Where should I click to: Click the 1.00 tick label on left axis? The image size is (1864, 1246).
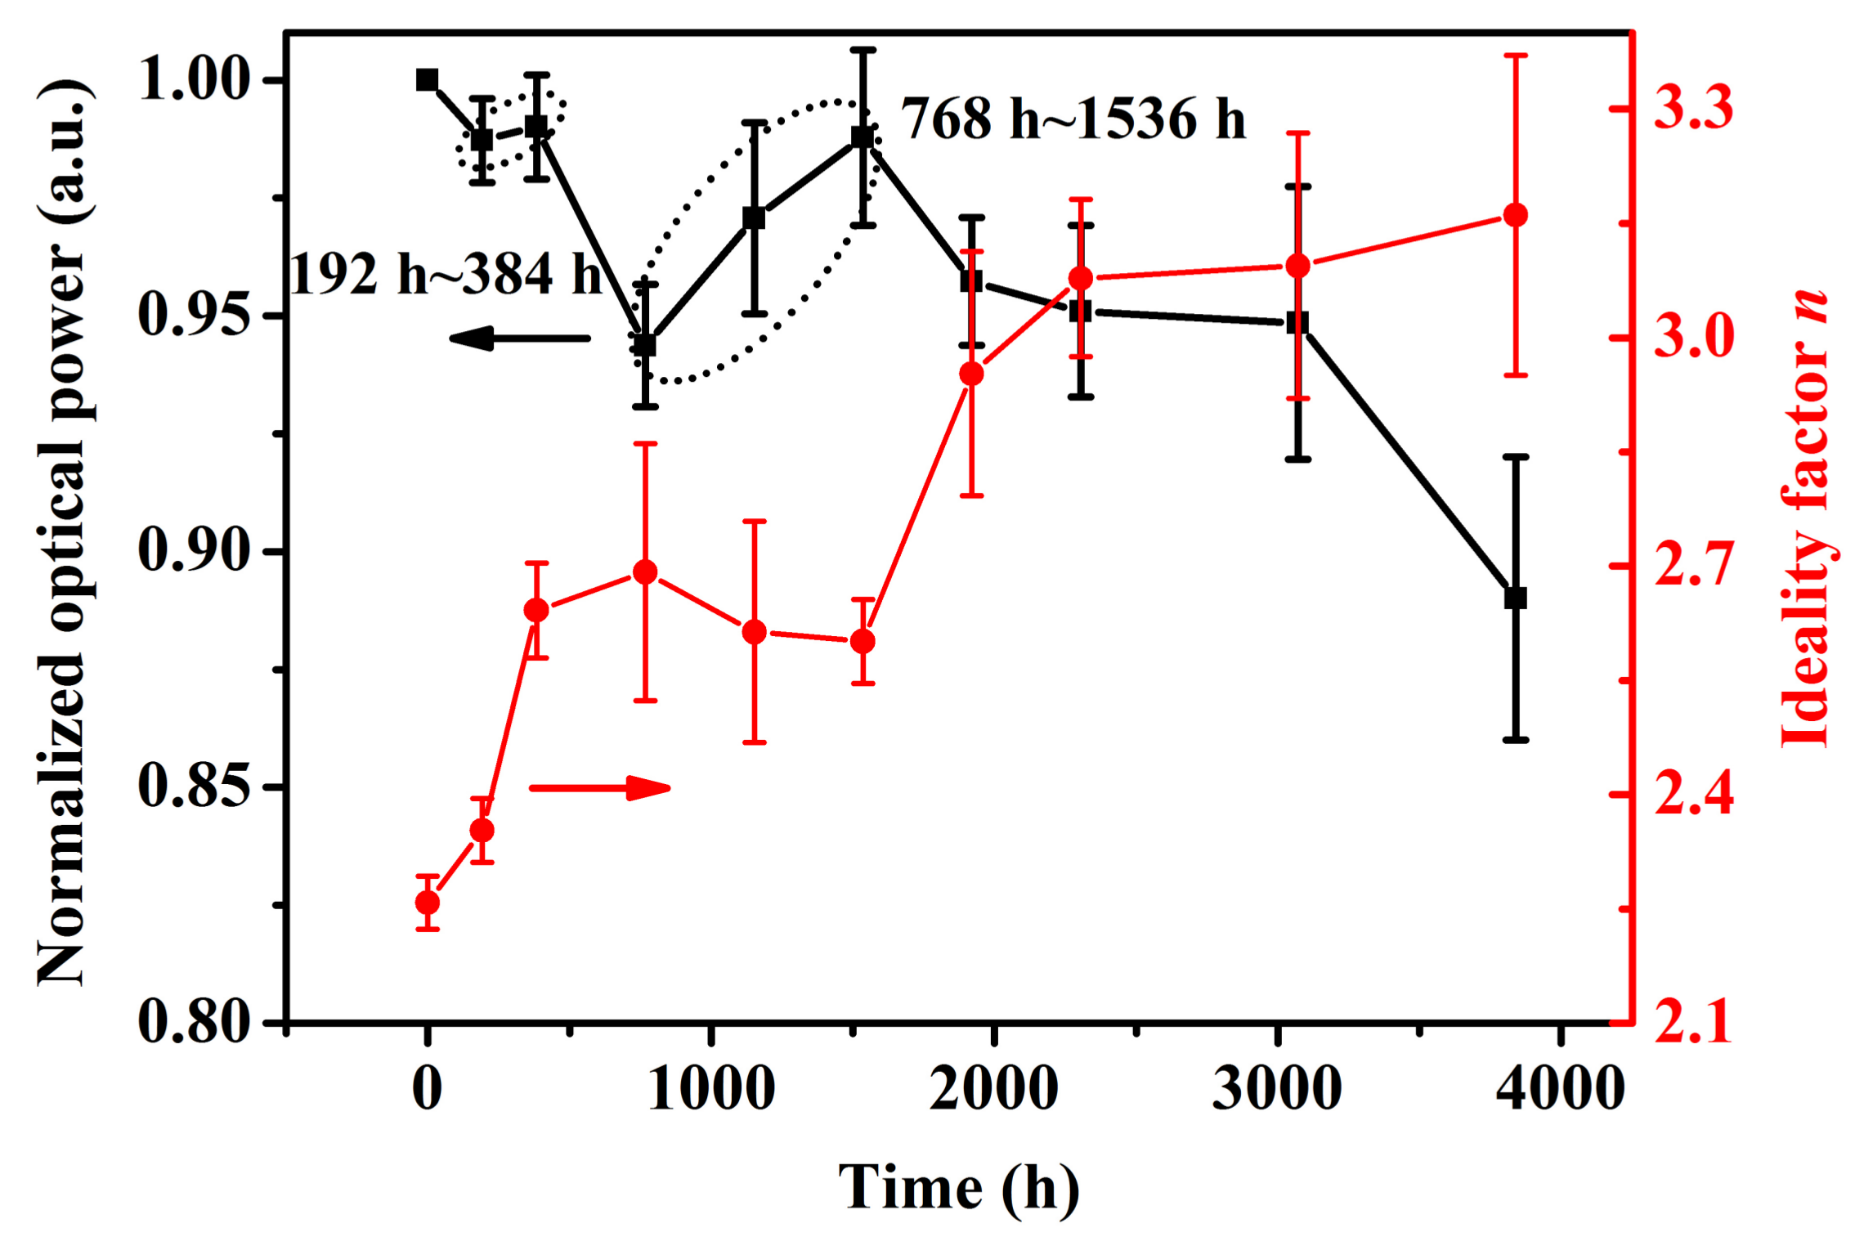pyautogui.click(x=194, y=80)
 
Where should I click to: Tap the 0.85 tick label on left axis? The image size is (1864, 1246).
pyautogui.click(x=194, y=787)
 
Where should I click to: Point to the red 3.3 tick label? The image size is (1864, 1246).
pyautogui.click(x=1693, y=108)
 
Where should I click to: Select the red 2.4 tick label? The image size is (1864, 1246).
pyautogui.click(x=1693, y=794)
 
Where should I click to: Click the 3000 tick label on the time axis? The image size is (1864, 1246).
pyautogui.click(x=1276, y=1088)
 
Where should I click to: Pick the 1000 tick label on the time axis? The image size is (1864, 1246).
pyautogui.click(x=711, y=1088)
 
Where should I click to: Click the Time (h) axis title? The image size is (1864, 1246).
pyautogui.click(x=958, y=1188)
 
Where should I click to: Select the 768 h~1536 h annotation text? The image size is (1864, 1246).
pyautogui.click(x=1073, y=119)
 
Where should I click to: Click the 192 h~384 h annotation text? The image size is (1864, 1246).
pyautogui.click(x=446, y=274)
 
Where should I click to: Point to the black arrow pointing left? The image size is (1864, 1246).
pyautogui.click(x=519, y=338)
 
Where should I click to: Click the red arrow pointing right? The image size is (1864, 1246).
pyautogui.click(x=600, y=788)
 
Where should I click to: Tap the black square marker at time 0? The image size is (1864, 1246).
pyautogui.click(x=427, y=80)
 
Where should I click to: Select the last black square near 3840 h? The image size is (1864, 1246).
pyautogui.click(x=1516, y=598)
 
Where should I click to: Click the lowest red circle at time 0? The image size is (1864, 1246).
pyautogui.click(x=427, y=903)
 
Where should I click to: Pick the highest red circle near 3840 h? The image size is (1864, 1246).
pyautogui.click(x=1516, y=216)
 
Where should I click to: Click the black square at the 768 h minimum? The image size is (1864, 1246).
pyautogui.click(x=645, y=345)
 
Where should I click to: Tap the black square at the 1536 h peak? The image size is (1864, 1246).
pyautogui.click(x=863, y=137)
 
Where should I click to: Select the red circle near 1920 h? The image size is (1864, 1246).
pyautogui.click(x=971, y=374)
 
